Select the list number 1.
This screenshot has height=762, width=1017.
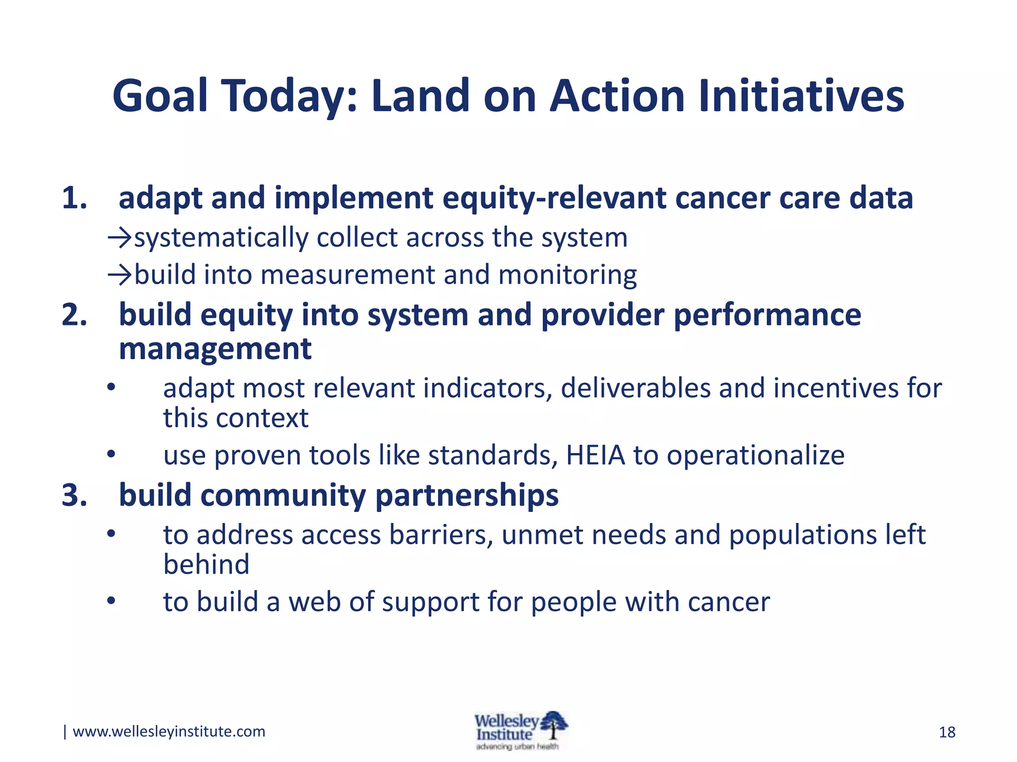(74, 198)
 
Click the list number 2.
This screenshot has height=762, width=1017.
(74, 315)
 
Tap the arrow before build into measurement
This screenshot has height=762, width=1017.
(120, 275)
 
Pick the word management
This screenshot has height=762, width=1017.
(215, 349)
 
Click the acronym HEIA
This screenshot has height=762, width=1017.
(595, 455)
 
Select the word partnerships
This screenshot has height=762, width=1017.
(467, 496)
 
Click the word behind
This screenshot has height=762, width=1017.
(206, 565)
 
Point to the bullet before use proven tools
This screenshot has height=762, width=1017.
(111, 454)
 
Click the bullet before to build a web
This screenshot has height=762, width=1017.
(111, 601)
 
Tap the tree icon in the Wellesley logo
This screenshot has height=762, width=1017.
(554, 725)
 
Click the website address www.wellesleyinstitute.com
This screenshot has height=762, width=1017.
(169, 731)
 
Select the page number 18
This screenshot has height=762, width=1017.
(947, 732)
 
